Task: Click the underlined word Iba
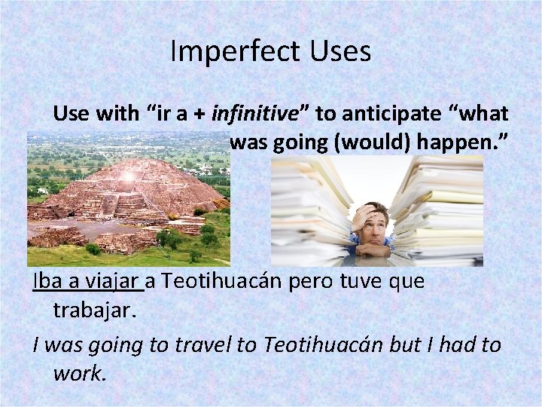pyautogui.click(x=47, y=282)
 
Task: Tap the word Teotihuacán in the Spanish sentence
pyautogui.click(x=228, y=282)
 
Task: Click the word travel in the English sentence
pyautogui.click(x=208, y=345)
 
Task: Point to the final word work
pyautogui.click(x=80, y=373)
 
